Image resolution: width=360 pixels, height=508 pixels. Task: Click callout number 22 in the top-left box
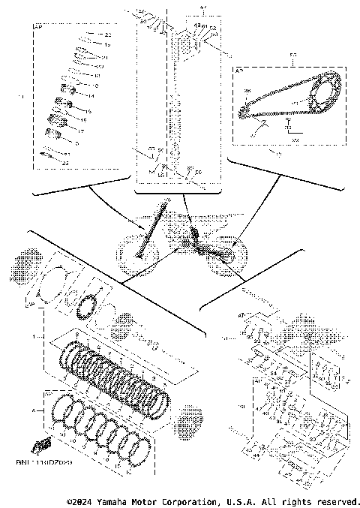point(107,35)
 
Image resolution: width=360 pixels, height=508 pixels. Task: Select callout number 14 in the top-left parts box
point(91,97)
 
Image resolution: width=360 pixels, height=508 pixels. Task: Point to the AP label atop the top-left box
point(38,27)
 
